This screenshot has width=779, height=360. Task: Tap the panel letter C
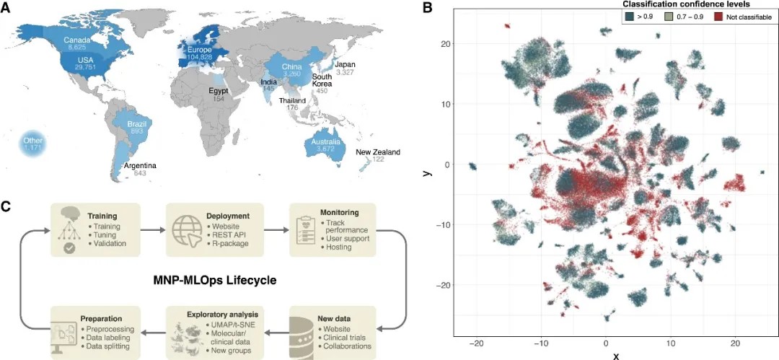6,207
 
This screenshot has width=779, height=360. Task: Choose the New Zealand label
377,152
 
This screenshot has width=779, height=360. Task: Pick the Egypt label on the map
219,92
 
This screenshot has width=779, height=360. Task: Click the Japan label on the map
345,64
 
